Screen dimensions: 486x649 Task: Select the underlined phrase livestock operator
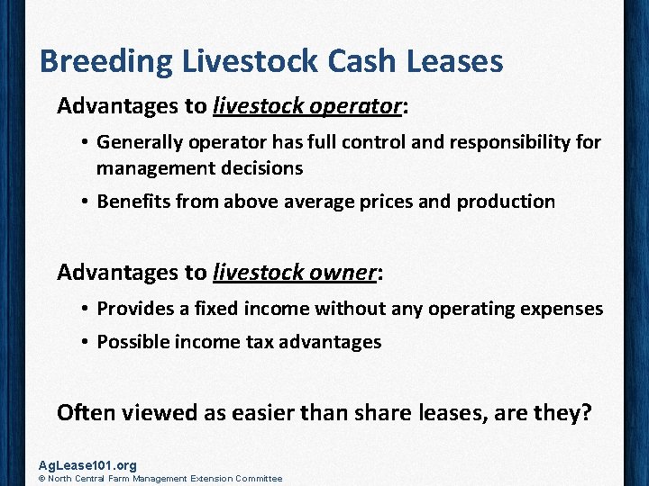(x=307, y=106)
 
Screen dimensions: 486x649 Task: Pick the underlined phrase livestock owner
(x=295, y=272)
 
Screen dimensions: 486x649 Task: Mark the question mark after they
(x=586, y=413)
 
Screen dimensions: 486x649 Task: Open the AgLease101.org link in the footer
(x=87, y=465)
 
